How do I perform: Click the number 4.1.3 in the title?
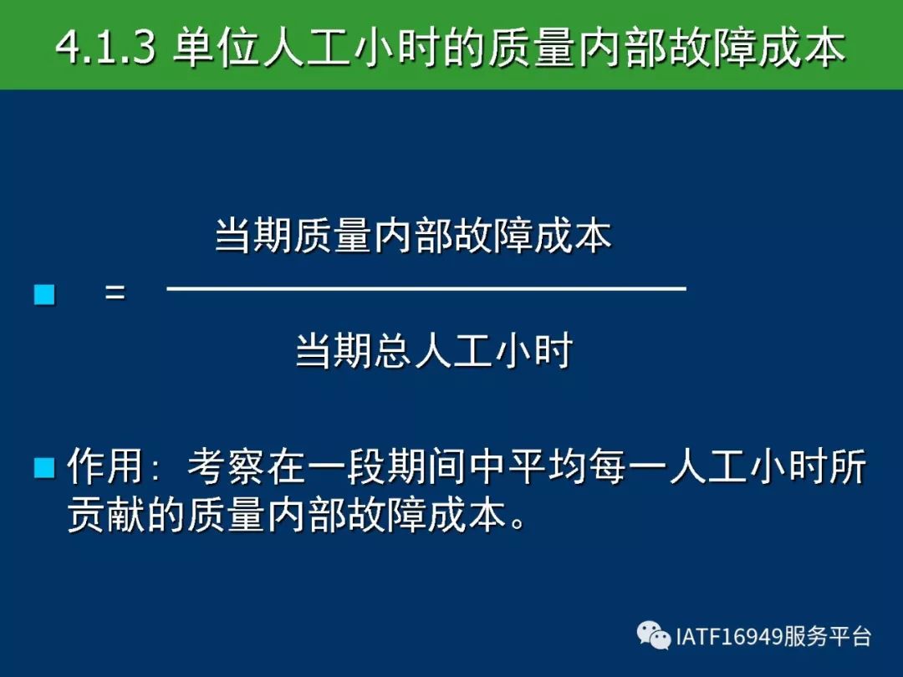105,47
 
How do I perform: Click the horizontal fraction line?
426,288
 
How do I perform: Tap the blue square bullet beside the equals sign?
44,294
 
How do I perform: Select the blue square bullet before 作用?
44,467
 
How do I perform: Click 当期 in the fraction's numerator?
253,236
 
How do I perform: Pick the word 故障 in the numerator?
493,236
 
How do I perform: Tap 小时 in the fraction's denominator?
533,350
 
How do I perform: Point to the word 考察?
226,466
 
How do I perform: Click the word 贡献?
106,513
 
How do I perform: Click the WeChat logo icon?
654,635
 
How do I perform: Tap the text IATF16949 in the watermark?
728,637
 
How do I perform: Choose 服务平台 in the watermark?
826,637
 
